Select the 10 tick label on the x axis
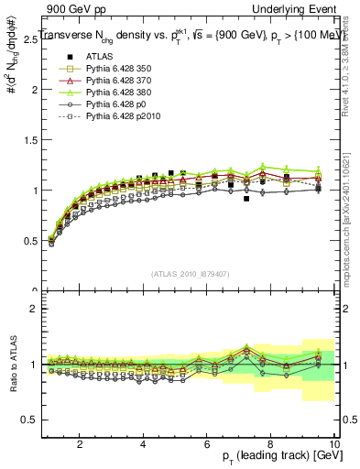tap(334, 444)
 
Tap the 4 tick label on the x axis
tap(143, 444)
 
